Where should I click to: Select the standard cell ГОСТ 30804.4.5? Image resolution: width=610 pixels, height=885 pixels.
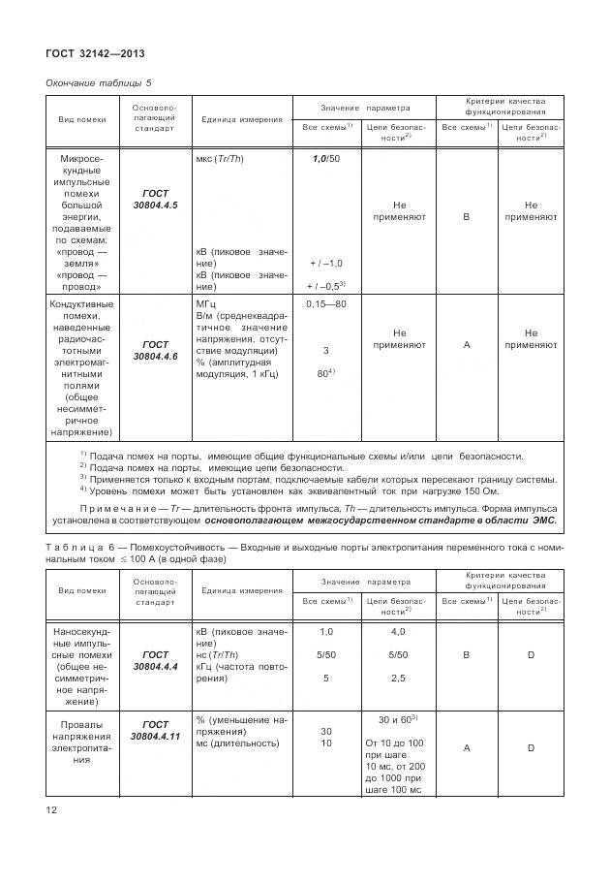pyautogui.click(x=155, y=200)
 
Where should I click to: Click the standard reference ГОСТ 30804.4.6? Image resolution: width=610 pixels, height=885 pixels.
pyautogui.click(x=155, y=350)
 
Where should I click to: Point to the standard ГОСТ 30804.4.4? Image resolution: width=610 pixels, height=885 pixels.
pyautogui.click(x=155, y=661)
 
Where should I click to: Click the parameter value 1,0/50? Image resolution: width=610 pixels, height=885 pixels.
pyautogui.click(x=325, y=158)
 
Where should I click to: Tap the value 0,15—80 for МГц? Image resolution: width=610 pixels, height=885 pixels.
pyautogui.click(x=325, y=304)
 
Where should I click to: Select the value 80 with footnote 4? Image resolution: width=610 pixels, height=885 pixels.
pyautogui.click(x=324, y=373)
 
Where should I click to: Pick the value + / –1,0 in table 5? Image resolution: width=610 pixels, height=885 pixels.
pyautogui.click(x=325, y=263)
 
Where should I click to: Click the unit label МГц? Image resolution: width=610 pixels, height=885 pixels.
pyautogui.click(x=207, y=304)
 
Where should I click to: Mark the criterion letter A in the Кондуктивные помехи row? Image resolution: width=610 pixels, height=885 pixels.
pyautogui.click(x=467, y=344)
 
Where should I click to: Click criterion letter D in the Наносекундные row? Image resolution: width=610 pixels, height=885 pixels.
pyautogui.click(x=531, y=656)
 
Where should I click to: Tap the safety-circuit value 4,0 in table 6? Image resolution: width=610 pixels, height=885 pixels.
pyautogui.click(x=397, y=632)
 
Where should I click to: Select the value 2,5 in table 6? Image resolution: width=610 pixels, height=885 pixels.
pyautogui.click(x=397, y=679)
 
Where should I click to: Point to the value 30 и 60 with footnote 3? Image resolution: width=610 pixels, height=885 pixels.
pyautogui.click(x=397, y=719)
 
